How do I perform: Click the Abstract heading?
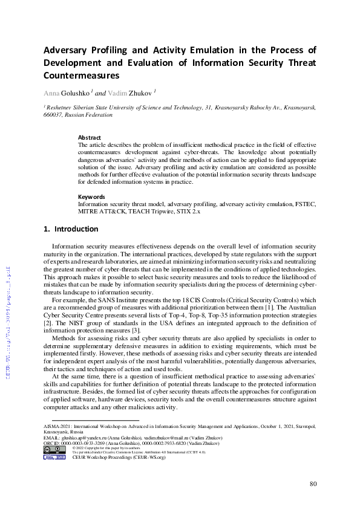[x=90, y=138]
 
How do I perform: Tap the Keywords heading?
[x=92, y=196]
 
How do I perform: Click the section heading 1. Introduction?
[x=71, y=229]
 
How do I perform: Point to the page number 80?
[x=313, y=484]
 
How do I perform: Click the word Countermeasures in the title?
[x=82, y=76]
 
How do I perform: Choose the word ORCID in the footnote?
[x=52, y=443]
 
